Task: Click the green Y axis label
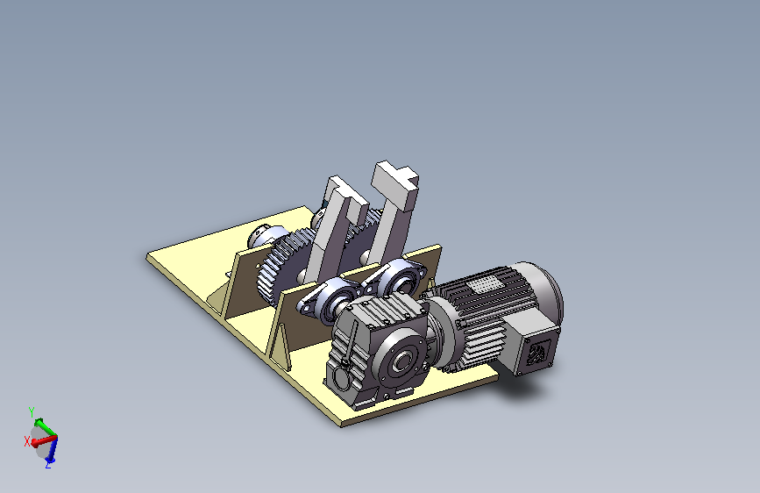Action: tap(32, 412)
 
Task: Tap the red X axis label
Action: tap(27, 441)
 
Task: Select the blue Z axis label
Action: tap(48, 464)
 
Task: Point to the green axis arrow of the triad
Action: tap(45, 426)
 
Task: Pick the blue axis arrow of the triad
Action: tap(53, 449)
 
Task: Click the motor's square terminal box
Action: tap(531, 348)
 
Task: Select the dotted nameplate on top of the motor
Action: tap(485, 284)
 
